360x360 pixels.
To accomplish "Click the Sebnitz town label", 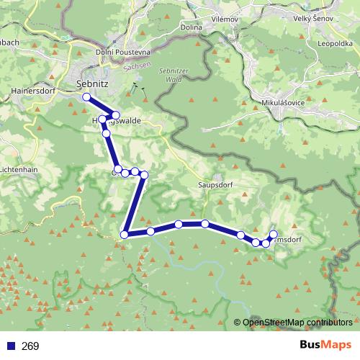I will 92,85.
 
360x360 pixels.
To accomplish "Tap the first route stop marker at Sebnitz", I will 86,97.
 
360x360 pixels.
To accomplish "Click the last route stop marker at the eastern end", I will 273,233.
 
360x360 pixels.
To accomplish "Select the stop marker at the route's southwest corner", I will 125,235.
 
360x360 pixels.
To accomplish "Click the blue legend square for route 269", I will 9,346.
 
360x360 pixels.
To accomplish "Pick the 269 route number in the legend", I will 31,346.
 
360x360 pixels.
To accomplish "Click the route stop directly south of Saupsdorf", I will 205,224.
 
